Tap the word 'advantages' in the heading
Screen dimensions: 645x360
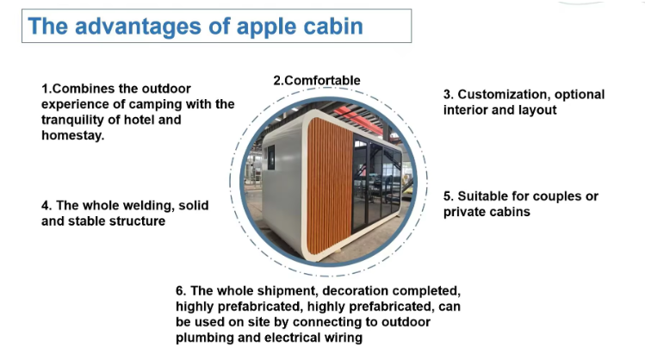tap(138, 27)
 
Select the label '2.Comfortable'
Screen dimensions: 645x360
tap(317, 80)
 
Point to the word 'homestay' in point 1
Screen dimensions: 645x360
tap(73, 135)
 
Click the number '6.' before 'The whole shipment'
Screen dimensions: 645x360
tap(181, 291)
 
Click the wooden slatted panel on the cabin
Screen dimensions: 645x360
tap(330, 186)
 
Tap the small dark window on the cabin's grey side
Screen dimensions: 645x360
tap(271, 157)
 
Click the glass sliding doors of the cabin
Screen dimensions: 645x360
tap(376, 182)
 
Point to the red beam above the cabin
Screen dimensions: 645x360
tap(357, 117)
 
